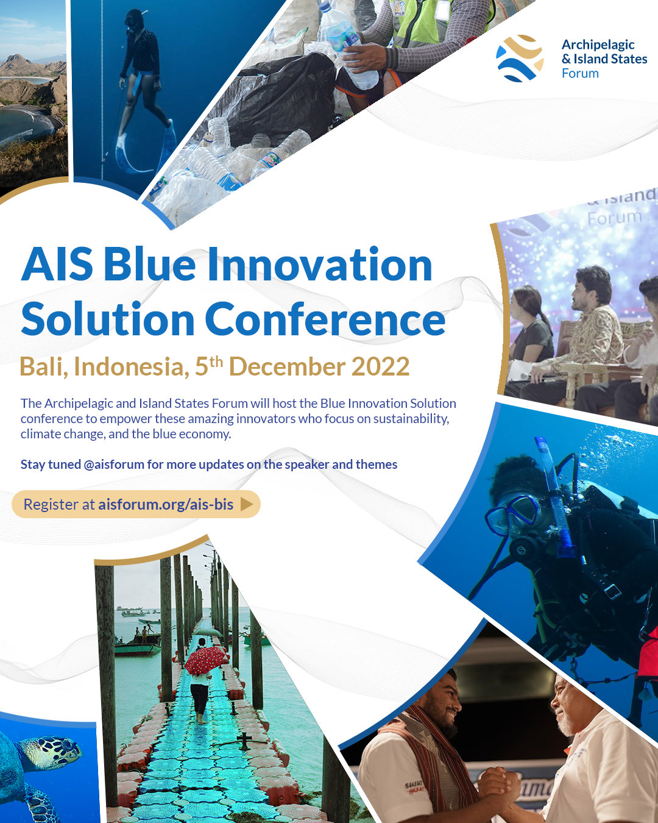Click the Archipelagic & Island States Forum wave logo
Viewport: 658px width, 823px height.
coord(520,59)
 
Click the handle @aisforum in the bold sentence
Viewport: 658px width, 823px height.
coord(114,465)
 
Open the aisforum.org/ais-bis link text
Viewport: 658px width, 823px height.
coord(166,504)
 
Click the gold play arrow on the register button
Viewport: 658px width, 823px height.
coord(247,504)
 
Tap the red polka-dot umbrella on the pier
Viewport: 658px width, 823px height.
coord(206,660)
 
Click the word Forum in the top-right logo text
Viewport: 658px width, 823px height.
coord(580,74)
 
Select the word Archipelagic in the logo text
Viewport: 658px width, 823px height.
coord(598,45)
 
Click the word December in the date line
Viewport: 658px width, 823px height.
coord(286,367)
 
